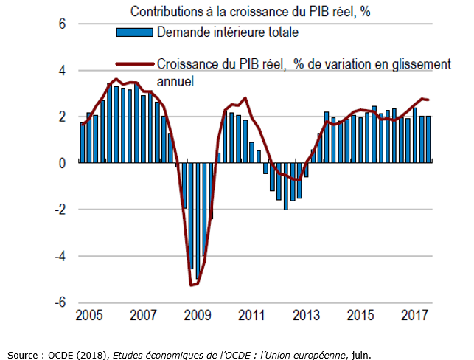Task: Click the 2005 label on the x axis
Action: coord(89,316)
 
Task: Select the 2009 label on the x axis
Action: coord(198,316)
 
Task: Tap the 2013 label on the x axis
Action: coord(306,316)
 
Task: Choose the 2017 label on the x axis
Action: coord(414,316)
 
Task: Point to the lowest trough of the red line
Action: coord(192,285)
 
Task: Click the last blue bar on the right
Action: coord(428,139)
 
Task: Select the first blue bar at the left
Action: coord(83,143)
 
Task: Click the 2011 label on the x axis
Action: coord(251,316)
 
